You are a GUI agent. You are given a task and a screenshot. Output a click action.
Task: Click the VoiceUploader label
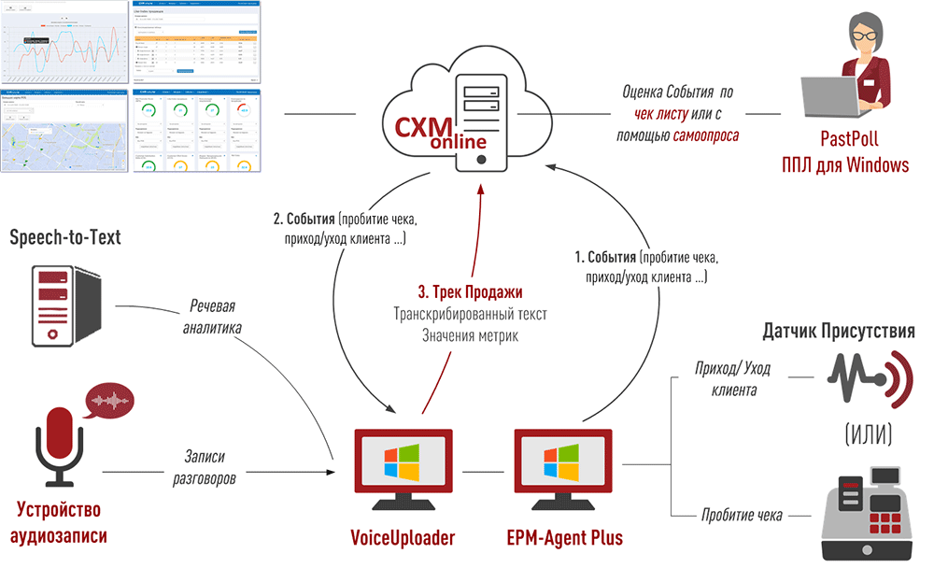tap(403, 538)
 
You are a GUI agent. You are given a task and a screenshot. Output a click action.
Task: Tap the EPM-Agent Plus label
tap(564, 538)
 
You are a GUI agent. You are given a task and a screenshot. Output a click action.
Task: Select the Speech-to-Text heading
tap(65, 238)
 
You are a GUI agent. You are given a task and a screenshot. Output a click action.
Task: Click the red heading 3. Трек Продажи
tap(470, 291)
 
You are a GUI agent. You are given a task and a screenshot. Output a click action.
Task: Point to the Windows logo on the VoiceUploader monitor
tap(403, 461)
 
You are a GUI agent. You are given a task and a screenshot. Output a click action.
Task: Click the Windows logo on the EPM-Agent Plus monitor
tap(562, 461)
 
